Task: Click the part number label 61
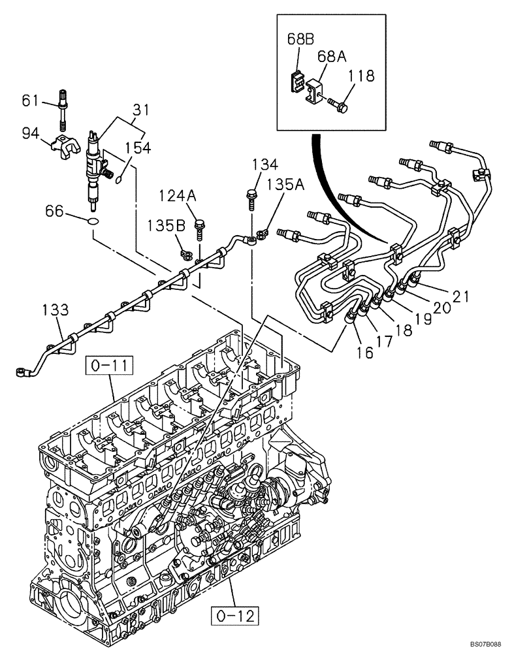30,101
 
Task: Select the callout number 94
30,133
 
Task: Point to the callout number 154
138,148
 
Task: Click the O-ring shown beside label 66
93,223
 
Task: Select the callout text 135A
287,185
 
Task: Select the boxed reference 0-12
233,614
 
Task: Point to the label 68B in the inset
301,39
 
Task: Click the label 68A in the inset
332,57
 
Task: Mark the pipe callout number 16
365,353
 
